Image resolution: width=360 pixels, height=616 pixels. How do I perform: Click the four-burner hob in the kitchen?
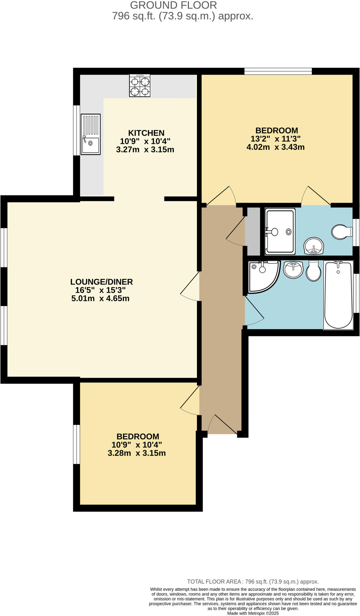pos(140,85)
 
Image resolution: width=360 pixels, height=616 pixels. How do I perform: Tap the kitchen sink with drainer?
pos(90,134)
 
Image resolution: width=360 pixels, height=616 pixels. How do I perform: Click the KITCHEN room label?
pos(146,133)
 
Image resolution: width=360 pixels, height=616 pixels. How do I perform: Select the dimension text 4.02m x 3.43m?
pos(275,147)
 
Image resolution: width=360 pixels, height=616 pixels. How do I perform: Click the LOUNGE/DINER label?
pos(101,282)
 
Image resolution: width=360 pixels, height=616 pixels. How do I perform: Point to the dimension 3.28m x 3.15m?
pos(137,453)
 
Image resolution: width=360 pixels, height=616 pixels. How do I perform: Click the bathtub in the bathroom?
pos(338,295)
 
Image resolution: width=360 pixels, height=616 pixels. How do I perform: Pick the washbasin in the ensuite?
pos(314,246)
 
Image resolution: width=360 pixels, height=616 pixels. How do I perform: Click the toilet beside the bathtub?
pos(313,270)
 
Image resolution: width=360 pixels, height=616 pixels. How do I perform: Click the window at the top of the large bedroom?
pos(278,71)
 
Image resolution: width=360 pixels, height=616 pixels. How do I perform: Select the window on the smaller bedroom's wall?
pos(77,444)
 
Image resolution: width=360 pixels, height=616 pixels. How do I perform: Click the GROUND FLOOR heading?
pos(173,5)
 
